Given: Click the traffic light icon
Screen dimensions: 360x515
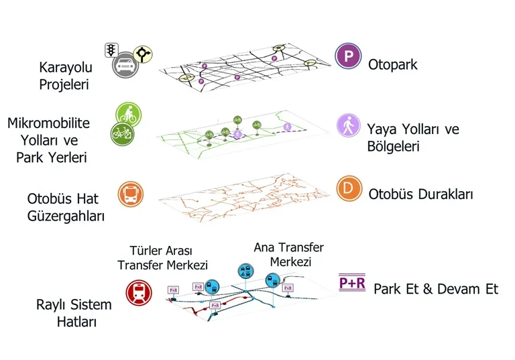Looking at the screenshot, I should (x=111, y=50).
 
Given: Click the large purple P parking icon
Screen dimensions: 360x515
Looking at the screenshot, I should (x=347, y=56).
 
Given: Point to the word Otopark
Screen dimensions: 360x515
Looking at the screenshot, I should (x=392, y=65).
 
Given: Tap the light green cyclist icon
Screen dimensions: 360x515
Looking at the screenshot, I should (x=127, y=114).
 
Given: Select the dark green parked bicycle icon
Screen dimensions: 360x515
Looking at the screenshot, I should (x=123, y=133).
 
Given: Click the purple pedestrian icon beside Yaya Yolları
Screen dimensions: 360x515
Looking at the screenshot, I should (x=347, y=126).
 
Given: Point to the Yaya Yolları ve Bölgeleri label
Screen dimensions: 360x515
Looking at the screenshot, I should (x=412, y=137).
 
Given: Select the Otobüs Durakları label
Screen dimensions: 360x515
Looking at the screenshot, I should (x=420, y=194).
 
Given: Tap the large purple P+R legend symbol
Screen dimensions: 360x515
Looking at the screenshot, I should (x=352, y=283).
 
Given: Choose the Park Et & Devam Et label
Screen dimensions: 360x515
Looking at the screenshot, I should (x=435, y=290).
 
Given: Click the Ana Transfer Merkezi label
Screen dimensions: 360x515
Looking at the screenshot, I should (x=288, y=254).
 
